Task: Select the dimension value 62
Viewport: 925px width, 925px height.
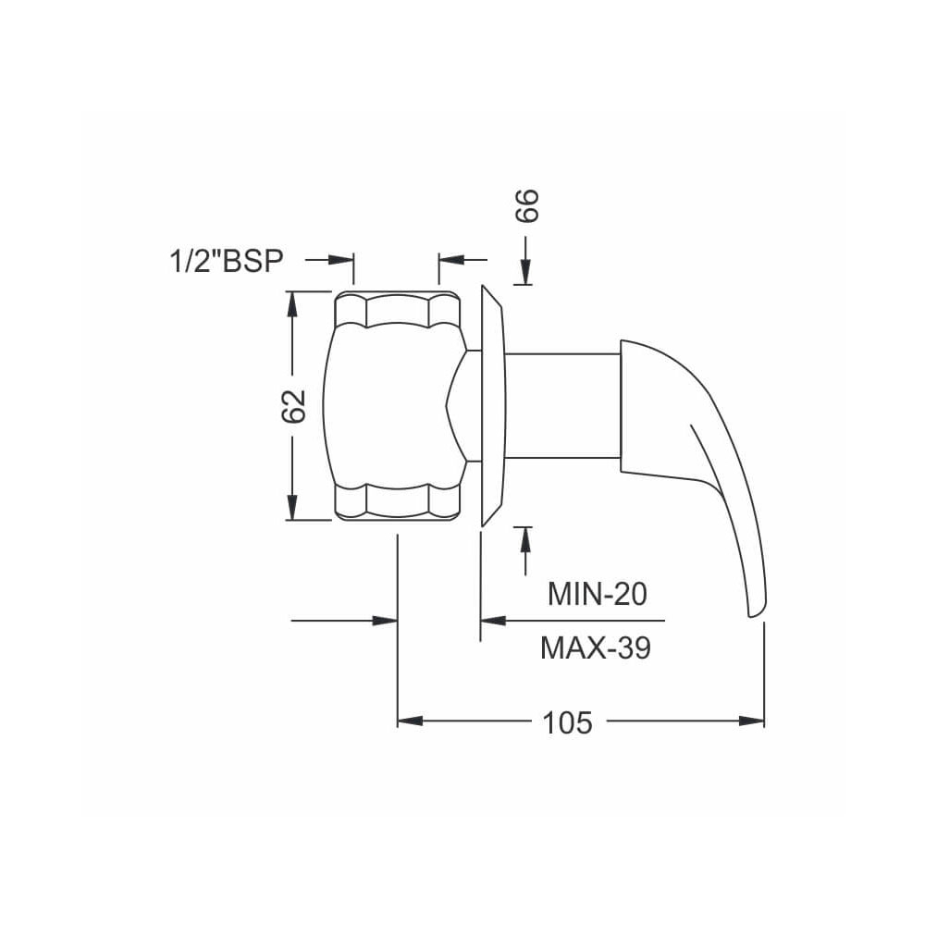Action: tap(293, 406)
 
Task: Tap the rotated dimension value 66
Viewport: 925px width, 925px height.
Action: tap(527, 205)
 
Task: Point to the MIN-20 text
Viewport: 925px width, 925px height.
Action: tap(597, 594)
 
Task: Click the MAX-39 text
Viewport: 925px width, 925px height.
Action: tap(596, 647)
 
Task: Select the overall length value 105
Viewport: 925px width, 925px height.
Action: tap(567, 722)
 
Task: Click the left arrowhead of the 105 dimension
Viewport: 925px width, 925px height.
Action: tap(410, 721)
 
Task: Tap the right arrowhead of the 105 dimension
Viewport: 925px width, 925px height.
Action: tap(751, 721)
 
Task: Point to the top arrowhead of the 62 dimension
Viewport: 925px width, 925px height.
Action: tap(291, 304)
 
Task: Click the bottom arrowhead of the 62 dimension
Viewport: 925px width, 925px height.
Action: tap(291, 507)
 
